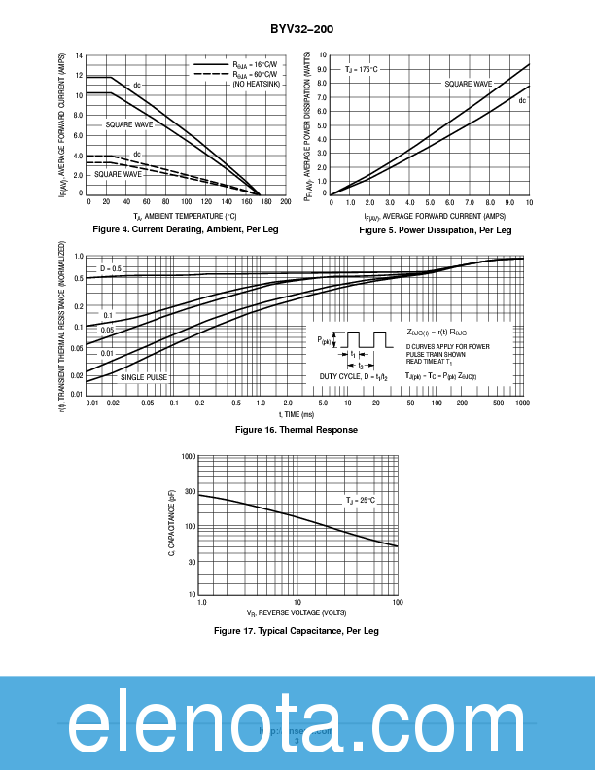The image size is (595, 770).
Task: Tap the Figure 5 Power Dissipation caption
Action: [435, 230]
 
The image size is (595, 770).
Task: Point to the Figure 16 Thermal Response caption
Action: [297, 430]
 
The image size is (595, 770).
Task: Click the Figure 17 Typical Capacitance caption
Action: [297, 631]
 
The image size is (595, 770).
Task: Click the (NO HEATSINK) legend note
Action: [254, 86]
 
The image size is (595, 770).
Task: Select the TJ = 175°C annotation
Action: [362, 70]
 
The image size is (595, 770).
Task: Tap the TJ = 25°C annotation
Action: [360, 500]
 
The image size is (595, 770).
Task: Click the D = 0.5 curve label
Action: [111, 268]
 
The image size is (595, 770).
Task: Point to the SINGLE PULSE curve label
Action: [145, 376]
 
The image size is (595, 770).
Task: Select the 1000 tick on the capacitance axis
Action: [189, 456]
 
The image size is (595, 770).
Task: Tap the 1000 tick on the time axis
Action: [522, 402]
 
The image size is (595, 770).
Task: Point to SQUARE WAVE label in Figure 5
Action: [469, 85]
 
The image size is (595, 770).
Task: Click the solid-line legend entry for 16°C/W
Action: [238, 65]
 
